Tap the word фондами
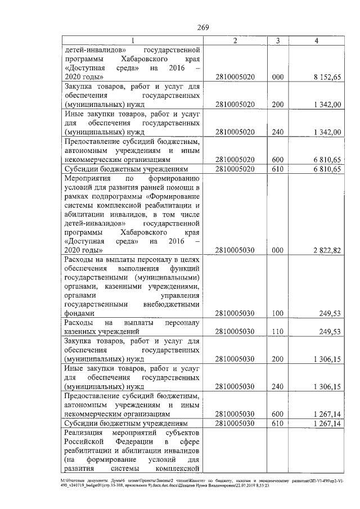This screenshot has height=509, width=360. click(79, 313)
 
